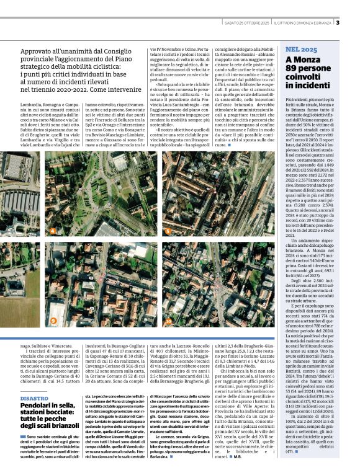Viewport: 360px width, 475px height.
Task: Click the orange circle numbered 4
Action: (53, 231)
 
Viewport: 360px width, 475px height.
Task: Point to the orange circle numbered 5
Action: (167, 231)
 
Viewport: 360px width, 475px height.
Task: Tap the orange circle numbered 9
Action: (53, 321)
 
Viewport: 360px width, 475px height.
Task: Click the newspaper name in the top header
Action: (304, 24)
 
